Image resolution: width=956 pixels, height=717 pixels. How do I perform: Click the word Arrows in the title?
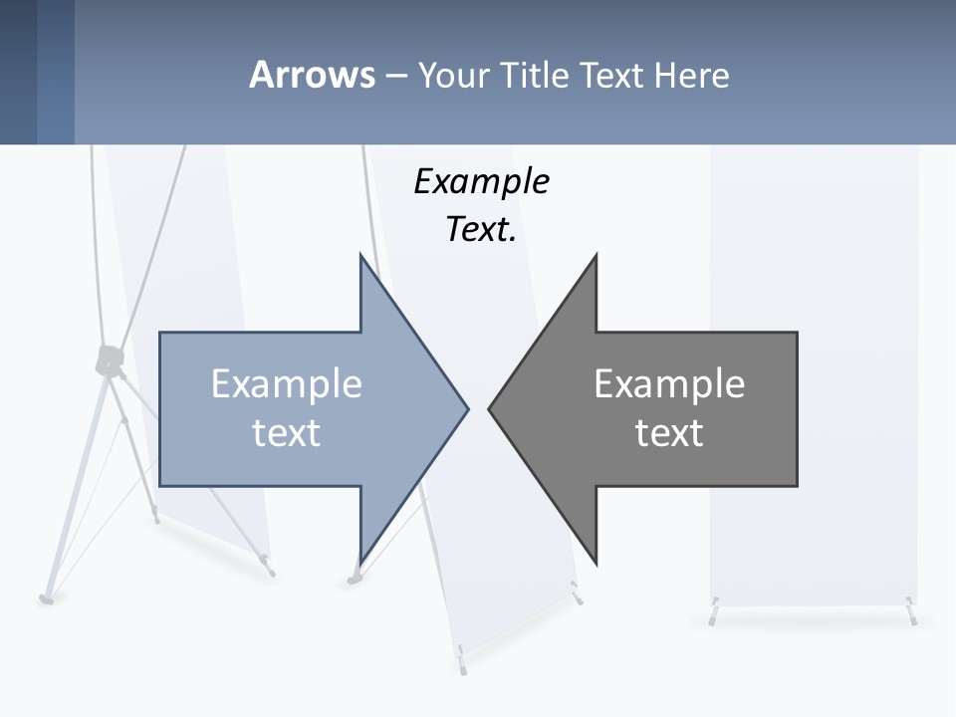tap(312, 75)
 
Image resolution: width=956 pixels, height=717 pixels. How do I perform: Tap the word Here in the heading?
tap(691, 75)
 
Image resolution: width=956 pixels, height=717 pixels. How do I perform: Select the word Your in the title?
tap(454, 75)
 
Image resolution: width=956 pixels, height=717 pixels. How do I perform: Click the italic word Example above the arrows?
tap(481, 182)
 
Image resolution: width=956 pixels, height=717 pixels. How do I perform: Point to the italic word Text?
tap(481, 230)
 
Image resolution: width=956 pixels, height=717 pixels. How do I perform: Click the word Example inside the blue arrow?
tap(287, 384)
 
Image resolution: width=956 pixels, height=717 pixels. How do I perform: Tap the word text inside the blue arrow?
tap(287, 433)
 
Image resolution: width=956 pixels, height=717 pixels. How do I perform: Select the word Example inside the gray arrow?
tap(669, 384)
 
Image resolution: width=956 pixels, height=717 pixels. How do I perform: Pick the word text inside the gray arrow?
tap(669, 433)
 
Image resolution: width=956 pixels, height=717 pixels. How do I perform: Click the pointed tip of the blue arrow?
tap(466, 407)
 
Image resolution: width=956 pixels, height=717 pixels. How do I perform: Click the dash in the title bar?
tap(395, 75)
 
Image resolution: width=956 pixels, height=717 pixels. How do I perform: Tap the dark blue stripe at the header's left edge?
tap(18, 72)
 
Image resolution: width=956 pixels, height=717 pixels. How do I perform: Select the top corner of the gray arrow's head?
tap(596, 257)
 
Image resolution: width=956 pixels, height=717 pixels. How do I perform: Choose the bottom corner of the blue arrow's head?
tap(360, 562)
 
